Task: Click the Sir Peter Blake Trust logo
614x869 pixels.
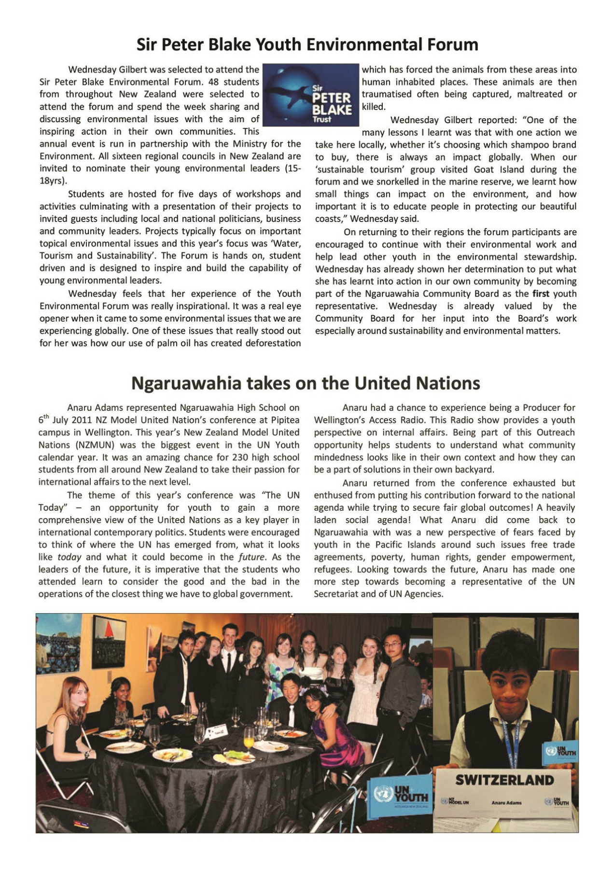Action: pos(311,95)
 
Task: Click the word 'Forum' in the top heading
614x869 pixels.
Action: pos(452,44)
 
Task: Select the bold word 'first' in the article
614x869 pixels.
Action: pos(541,294)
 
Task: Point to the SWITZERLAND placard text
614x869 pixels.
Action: pos(504,780)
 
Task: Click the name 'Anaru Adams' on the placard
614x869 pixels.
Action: pos(506,802)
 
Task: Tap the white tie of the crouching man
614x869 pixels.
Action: pos(292,715)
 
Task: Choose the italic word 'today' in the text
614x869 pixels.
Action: pos(70,557)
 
